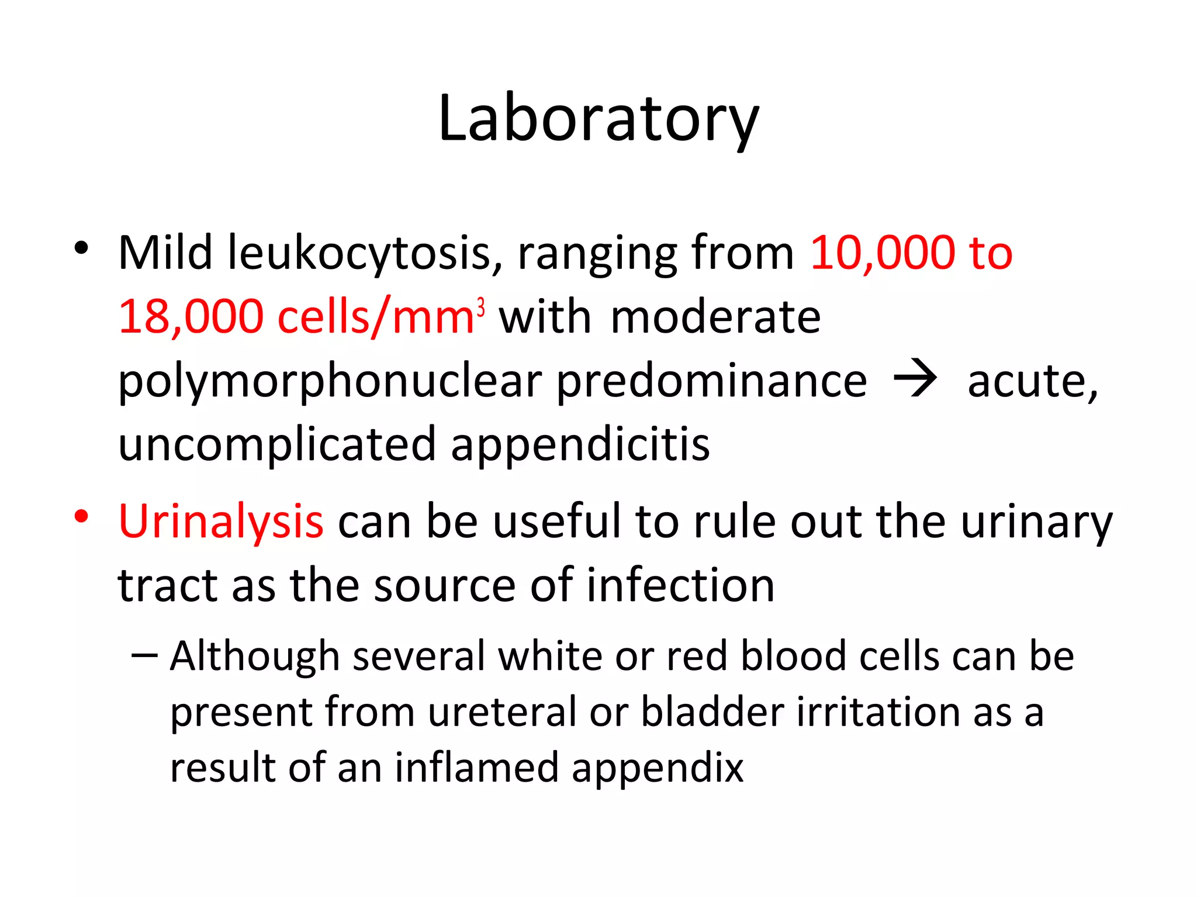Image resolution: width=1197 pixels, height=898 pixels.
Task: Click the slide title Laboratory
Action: click(x=598, y=120)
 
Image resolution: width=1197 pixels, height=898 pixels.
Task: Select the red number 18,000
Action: click(x=191, y=317)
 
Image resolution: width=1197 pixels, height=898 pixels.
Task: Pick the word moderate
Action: click(x=715, y=317)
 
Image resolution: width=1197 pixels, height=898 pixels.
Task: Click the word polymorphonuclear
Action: click(x=330, y=382)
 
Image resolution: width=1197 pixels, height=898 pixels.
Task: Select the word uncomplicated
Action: click(x=277, y=445)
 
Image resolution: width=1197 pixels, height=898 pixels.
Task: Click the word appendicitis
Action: click(x=580, y=445)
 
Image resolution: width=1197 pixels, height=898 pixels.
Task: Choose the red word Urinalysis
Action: click(x=220, y=521)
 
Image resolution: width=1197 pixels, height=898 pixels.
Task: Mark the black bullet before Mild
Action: click(x=81, y=248)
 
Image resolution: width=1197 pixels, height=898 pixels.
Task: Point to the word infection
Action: click(x=680, y=585)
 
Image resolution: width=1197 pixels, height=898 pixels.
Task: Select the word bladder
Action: click(x=712, y=713)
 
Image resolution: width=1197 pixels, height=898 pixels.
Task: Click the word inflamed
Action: click(x=476, y=768)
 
